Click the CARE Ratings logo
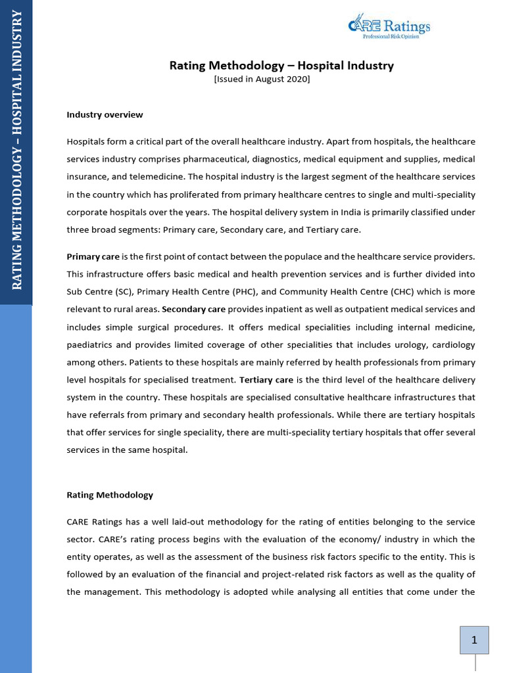point(389,26)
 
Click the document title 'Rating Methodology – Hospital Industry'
point(281,65)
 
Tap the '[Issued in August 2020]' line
point(262,79)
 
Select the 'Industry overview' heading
point(105,114)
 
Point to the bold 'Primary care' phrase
point(93,256)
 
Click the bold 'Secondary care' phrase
point(194,309)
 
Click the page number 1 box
point(473,640)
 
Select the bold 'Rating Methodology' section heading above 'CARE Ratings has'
point(110,494)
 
